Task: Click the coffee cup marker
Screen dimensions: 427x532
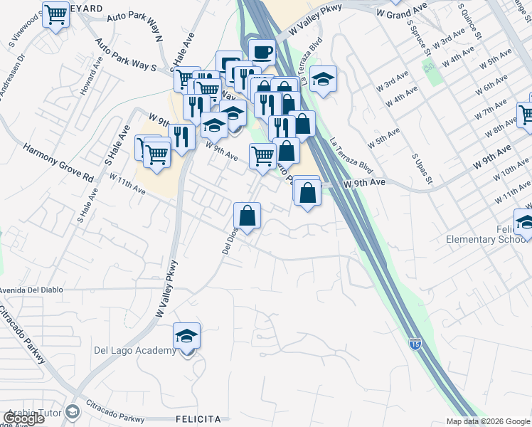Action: coord(262,52)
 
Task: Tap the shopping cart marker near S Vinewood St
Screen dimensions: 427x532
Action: coord(55,15)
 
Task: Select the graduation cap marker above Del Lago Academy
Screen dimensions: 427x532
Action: coord(186,335)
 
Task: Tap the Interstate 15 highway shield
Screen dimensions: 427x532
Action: coord(414,344)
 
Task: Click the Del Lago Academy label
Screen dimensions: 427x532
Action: coord(135,350)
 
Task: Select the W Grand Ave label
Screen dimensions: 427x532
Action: coord(402,11)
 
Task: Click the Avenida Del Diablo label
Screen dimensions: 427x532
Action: coord(32,290)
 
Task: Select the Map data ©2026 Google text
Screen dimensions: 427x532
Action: coord(487,421)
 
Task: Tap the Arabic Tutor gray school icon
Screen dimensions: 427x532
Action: coord(72,412)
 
